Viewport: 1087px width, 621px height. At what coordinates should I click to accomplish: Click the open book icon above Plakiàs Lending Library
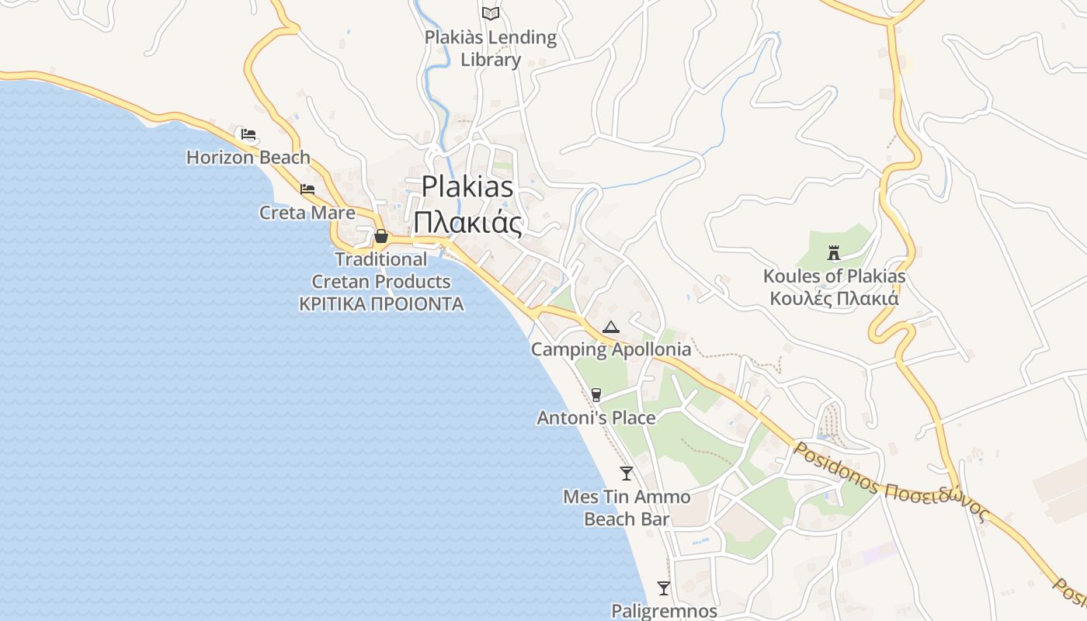pos(491,13)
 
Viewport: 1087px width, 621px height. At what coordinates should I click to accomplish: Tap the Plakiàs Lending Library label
pos(491,48)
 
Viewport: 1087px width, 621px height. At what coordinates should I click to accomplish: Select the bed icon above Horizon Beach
pos(248,134)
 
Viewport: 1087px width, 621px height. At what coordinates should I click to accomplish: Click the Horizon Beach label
pos(248,158)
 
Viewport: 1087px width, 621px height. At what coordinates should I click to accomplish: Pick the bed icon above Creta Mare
pos(307,189)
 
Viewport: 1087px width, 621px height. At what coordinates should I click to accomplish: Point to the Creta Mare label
pos(307,213)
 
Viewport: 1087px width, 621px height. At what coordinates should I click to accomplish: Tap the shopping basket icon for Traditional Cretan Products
pos(381,236)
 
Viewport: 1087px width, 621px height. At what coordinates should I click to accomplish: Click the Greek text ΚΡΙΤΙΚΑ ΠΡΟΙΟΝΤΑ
pos(381,304)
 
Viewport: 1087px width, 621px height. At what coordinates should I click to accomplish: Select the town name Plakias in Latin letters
pos(467,187)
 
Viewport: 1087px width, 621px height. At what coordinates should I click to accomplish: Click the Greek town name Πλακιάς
pos(467,223)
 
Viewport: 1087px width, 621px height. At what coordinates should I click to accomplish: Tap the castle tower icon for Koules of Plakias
pos(834,252)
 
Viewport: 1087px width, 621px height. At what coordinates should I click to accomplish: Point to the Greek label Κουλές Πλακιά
pos(834,299)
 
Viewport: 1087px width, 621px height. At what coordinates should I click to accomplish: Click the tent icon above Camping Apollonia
pos(611,327)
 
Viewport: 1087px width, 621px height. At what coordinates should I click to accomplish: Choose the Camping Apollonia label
pos(611,349)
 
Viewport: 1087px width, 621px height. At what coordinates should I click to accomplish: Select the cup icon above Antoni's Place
pos(596,395)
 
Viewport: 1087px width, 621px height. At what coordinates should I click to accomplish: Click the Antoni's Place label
pos(596,418)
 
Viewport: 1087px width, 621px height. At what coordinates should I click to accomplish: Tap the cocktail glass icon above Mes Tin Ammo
pos(627,473)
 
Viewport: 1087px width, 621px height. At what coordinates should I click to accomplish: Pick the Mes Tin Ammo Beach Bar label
pos(627,508)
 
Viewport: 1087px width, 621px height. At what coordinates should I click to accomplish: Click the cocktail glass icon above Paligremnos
pos(664,588)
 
